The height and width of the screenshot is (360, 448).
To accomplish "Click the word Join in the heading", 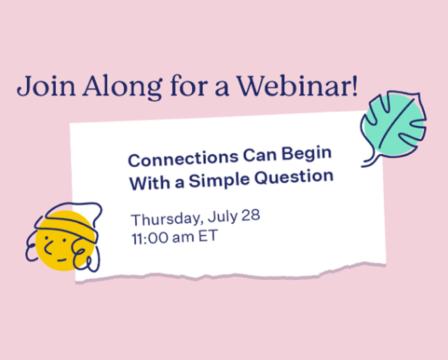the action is coord(46,86).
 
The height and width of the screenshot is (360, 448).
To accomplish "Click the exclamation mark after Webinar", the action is coord(355,85).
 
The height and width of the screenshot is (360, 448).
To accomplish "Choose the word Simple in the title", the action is coord(219,180).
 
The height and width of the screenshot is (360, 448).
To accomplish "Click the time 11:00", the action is coord(150,238).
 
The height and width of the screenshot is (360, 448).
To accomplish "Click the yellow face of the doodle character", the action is coord(65,241).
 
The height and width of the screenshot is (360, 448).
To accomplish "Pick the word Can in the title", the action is coord(260,155).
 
